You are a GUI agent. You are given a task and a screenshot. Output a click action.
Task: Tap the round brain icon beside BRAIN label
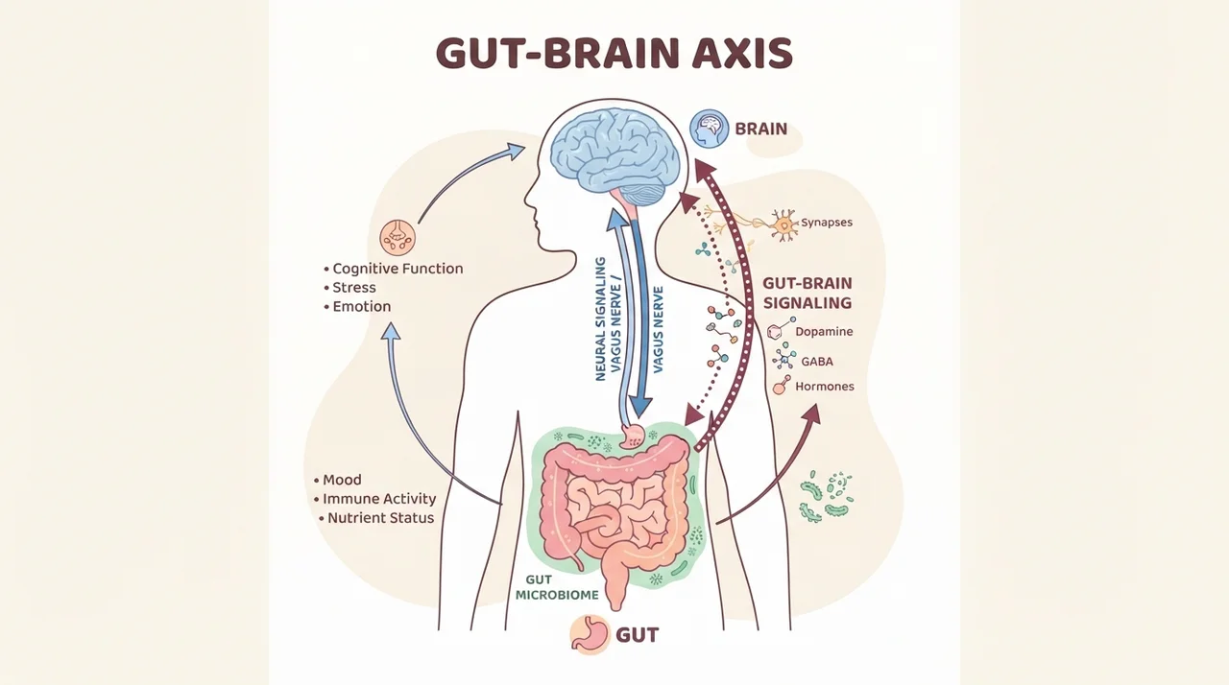click(709, 129)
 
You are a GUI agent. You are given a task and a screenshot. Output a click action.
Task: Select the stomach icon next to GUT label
click(590, 634)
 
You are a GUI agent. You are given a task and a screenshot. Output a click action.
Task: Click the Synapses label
click(827, 223)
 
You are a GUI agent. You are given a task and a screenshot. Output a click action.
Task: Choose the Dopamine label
click(824, 332)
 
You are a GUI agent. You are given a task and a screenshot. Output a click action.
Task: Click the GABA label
click(817, 362)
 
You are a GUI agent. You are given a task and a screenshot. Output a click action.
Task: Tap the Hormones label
click(825, 387)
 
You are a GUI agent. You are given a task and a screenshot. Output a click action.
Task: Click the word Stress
click(354, 288)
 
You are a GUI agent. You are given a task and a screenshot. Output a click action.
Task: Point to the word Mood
click(342, 480)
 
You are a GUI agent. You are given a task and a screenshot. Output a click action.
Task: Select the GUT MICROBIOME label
click(557, 587)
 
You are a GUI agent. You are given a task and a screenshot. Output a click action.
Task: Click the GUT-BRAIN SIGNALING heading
click(807, 294)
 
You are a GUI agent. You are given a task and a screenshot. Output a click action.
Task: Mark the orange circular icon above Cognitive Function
click(398, 237)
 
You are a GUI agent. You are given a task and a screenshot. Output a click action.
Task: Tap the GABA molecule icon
click(784, 357)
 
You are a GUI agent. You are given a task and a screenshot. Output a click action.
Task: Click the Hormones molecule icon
click(782, 386)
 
